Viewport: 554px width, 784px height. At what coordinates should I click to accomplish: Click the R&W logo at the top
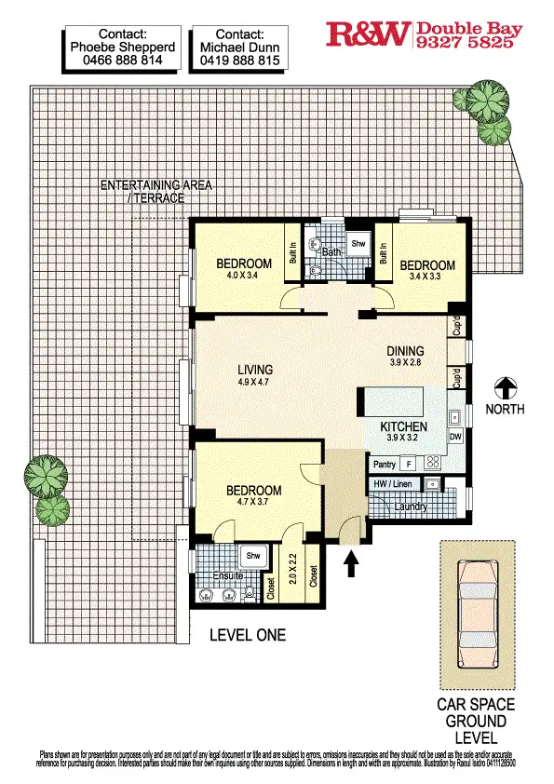369,35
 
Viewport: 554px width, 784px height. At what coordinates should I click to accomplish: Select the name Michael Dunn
238,46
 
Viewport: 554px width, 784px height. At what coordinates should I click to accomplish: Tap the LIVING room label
253,370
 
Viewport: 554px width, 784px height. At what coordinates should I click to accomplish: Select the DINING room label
406,351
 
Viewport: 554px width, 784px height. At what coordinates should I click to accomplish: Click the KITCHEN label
403,427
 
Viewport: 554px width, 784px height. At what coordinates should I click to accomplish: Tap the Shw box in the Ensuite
250,557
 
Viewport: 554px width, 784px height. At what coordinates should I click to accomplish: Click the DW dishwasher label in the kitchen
455,436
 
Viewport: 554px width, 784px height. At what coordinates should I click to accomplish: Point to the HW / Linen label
393,484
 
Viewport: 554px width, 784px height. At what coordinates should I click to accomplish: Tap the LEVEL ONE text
248,636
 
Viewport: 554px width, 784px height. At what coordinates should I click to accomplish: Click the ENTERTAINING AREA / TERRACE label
155,191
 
